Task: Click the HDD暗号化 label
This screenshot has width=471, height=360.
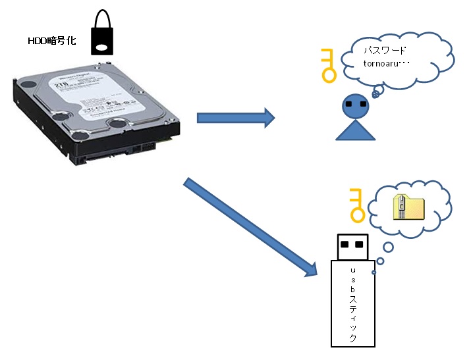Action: [x=51, y=41]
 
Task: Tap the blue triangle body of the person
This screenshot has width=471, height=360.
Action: [x=356, y=130]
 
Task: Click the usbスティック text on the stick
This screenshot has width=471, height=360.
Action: [x=352, y=303]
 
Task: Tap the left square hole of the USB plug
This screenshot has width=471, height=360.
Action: [x=345, y=244]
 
